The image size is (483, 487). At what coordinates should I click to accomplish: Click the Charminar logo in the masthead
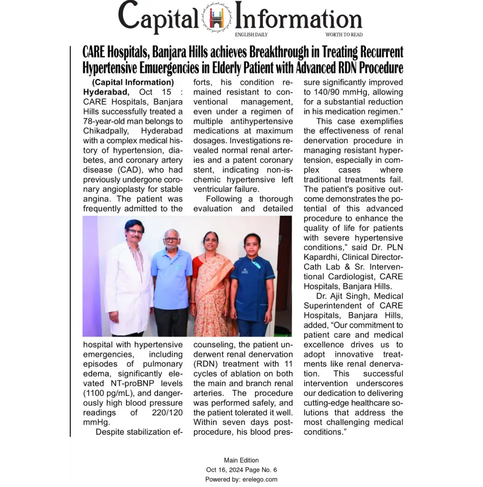(x=217, y=18)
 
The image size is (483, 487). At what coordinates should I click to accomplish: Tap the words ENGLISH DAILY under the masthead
(x=251, y=35)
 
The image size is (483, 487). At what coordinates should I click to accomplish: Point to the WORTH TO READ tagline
(x=344, y=35)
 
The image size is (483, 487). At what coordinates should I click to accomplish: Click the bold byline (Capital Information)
(x=133, y=82)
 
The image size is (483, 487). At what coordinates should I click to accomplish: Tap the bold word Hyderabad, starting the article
(x=106, y=92)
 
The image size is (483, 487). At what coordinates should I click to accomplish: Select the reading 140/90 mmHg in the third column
(x=333, y=92)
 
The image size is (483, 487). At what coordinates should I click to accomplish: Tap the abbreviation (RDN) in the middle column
(x=207, y=364)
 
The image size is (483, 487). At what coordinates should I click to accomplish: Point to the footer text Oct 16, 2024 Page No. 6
(x=241, y=470)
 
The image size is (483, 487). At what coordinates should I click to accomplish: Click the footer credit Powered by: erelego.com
(x=241, y=480)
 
